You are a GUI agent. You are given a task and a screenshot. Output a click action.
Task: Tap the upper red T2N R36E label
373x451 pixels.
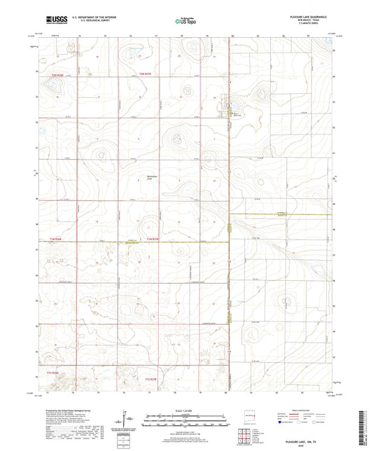(x=57, y=74)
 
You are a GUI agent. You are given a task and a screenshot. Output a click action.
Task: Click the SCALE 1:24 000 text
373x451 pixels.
(x=186, y=410)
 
